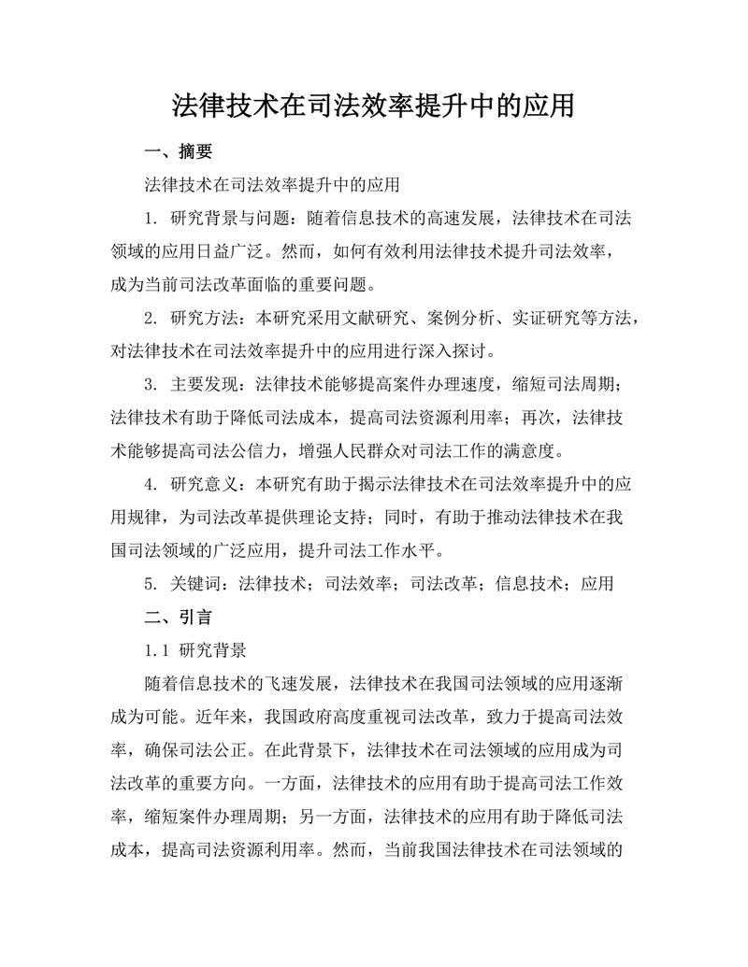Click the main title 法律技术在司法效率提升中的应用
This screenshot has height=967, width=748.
coord(373,104)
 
